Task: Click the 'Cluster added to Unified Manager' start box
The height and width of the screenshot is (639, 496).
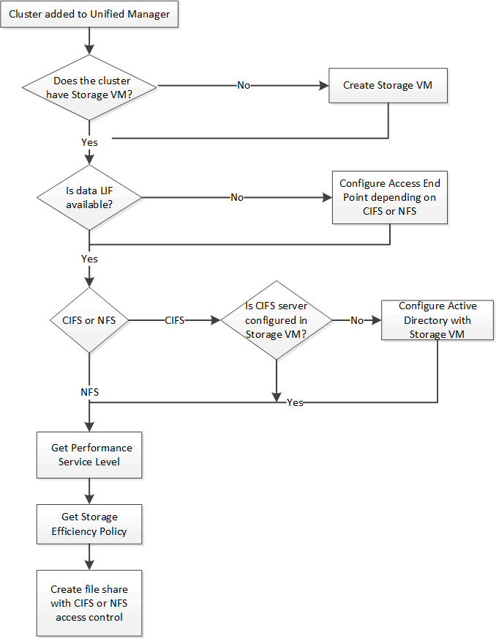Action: pyautogui.click(x=89, y=15)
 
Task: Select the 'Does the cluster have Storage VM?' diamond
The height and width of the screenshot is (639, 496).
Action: pyautogui.click(x=89, y=86)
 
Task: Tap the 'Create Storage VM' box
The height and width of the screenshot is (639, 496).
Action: pyautogui.click(x=388, y=86)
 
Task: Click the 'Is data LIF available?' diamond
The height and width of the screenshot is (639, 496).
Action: pyautogui.click(x=89, y=197)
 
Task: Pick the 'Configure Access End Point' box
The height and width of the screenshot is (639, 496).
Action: pyautogui.click(x=389, y=197)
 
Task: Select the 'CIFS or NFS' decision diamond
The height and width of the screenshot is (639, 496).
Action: pyautogui.click(x=89, y=320)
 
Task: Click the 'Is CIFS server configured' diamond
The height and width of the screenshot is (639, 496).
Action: pyautogui.click(x=276, y=320)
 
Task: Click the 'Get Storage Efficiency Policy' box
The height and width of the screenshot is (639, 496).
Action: pyautogui.click(x=89, y=524)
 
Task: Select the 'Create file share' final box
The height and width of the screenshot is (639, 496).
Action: pyautogui.click(x=89, y=603)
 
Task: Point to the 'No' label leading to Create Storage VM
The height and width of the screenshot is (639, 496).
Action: pyautogui.click(x=243, y=86)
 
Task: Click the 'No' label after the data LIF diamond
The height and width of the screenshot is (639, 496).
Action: pyautogui.click(x=237, y=197)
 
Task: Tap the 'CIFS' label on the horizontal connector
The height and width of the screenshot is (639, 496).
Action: pyautogui.click(x=174, y=320)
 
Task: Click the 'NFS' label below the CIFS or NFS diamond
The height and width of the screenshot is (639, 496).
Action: pyautogui.click(x=89, y=393)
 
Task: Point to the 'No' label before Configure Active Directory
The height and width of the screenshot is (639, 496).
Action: pyautogui.click(x=356, y=320)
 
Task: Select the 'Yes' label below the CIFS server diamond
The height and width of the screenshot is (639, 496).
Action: pyautogui.click(x=295, y=402)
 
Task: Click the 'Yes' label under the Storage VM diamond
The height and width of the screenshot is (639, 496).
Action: pyautogui.click(x=89, y=142)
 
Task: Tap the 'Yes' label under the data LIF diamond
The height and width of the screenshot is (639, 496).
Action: pyautogui.click(x=89, y=259)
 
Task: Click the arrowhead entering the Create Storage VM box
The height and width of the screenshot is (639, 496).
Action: pyautogui.click(x=324, y=86)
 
